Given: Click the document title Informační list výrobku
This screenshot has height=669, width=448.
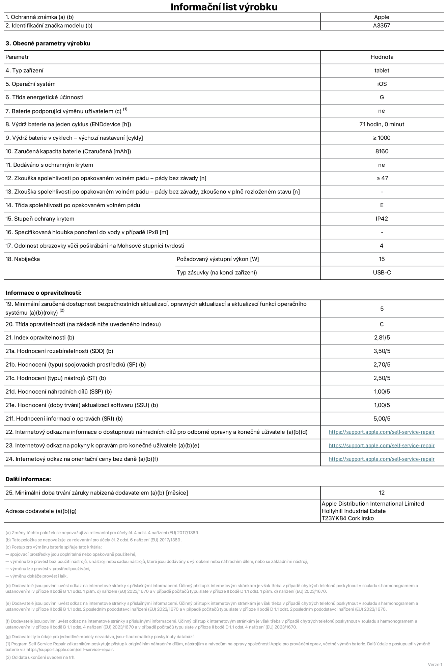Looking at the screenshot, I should (224, 7).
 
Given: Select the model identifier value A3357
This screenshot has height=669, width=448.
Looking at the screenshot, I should (382, 26).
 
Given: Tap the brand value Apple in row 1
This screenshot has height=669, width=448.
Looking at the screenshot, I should (382, 17).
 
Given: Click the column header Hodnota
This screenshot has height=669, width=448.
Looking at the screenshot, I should (382, 57).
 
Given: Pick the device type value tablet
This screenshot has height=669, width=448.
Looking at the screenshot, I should (382, 71).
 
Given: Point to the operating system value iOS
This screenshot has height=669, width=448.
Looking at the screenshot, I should (382, 84).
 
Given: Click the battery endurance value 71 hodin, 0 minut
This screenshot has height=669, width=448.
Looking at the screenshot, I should (382, 124).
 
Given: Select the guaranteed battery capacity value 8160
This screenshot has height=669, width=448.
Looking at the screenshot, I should (382, 151).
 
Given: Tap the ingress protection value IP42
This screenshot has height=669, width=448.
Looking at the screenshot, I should (382, 219).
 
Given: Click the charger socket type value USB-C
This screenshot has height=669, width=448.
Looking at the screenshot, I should (382, 272).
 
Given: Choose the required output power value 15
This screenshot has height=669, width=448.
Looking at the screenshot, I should (382, 259).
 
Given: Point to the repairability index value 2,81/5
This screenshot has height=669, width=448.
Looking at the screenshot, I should (382, 338).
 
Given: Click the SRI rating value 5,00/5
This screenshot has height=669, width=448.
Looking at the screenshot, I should (382, 419).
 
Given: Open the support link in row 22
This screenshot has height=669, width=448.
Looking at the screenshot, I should (382, 432).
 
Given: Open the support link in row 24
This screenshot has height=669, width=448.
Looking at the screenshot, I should (382, 459).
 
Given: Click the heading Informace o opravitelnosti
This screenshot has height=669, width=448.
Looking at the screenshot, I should (43, 293).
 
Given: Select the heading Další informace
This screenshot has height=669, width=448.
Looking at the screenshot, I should (28, 479).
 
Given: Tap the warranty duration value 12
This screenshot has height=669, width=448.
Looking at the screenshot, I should (382, 493).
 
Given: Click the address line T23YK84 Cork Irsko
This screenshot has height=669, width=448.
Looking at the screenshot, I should (347, 518).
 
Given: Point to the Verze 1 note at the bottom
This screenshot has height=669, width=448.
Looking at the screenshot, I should (435, 664).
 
